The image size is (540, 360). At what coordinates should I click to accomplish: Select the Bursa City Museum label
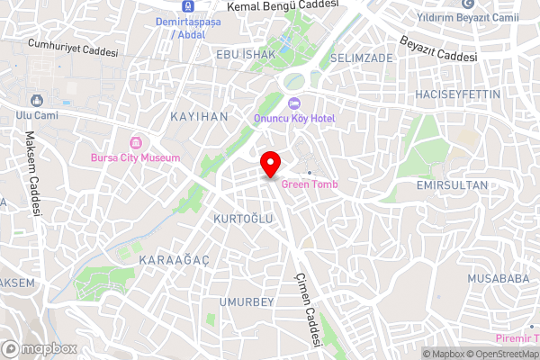[x=135, y=157]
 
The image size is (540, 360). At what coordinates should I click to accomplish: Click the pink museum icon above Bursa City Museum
[x=136, y=142]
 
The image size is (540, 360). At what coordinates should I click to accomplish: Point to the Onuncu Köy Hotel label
[x=294, y=118]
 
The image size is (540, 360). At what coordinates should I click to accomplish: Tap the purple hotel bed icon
[x=294, y=103]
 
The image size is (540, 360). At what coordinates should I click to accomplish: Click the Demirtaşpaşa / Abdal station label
[x=187, y=28]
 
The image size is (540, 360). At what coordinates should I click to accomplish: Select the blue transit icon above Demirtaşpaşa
[x=187, y=6]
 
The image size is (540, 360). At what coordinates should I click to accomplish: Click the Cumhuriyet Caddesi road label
[x=73, y=48]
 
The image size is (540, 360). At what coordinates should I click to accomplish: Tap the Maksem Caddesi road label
[x=33, y=174]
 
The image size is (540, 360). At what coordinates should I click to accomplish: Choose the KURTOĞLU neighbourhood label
[x=242, y=219]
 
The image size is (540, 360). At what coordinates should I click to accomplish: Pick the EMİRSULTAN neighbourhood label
[x=452, y=184]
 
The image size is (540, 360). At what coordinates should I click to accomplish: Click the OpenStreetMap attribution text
[x=507, y=354]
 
